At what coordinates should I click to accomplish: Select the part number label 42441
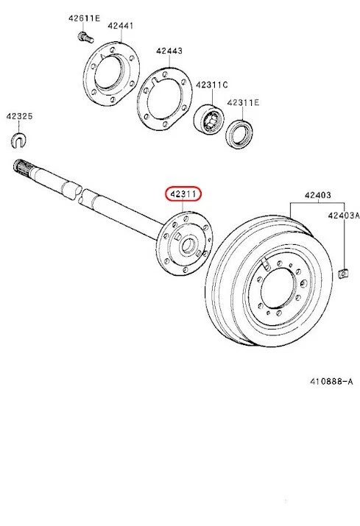pyautogui.click(x=121, y=25)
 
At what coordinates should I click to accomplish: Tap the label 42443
pyautogui.click(x=169, y=51)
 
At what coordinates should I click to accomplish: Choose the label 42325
pyautogui.click(x=19, y=115)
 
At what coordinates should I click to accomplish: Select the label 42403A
pyautogui.click(x=344, y=216)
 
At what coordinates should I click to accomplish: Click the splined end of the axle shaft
pyautogui.click(x=22, y=170)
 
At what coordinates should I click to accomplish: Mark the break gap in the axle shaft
pyautogui.click(x=80, y=193)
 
